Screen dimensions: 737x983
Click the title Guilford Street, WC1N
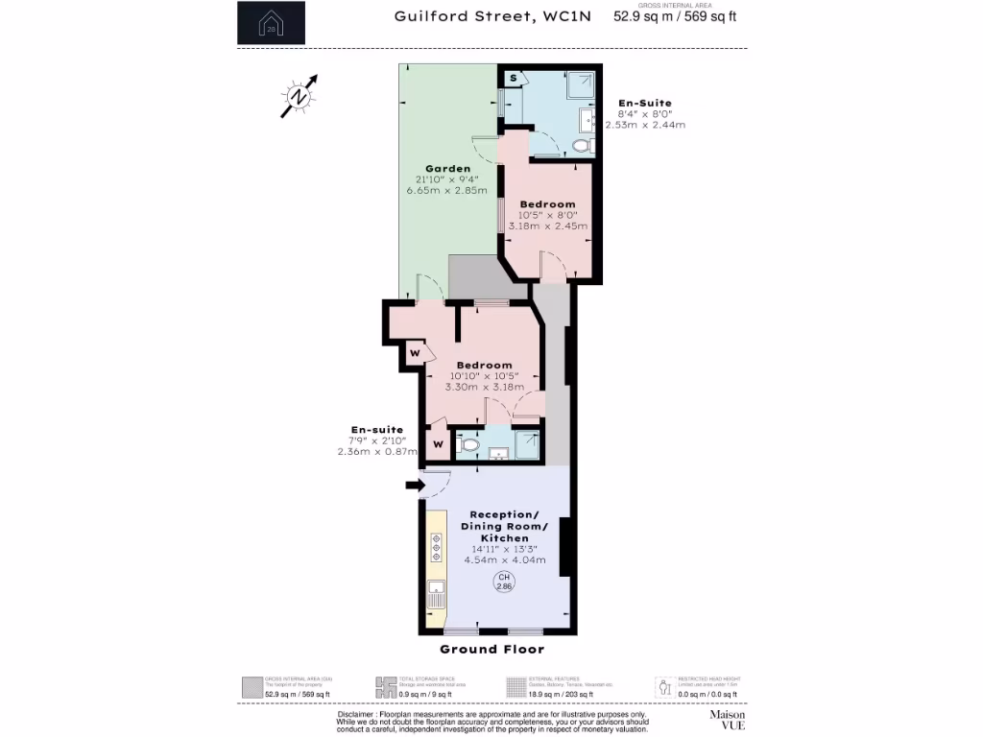[x=491, y=15]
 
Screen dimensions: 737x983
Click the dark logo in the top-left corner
[x=271, y=23]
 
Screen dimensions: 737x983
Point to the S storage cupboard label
[x=514, y=78]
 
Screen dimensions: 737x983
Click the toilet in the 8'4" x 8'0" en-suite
[x=580, y=147]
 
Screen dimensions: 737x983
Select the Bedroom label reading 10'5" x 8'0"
[x=547, y=204]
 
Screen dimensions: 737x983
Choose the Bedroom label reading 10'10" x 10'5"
[x=484, y=366]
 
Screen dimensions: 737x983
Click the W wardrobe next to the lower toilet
[x=437, y=444]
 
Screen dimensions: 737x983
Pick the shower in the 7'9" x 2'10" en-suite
[x=527, y=443]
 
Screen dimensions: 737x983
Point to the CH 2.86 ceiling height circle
[x=504, y=581]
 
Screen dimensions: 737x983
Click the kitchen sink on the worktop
[x=436, y=588]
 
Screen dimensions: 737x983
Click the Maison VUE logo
[x=727, y=720]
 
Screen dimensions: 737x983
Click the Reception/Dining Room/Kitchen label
[x=505, y=526]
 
